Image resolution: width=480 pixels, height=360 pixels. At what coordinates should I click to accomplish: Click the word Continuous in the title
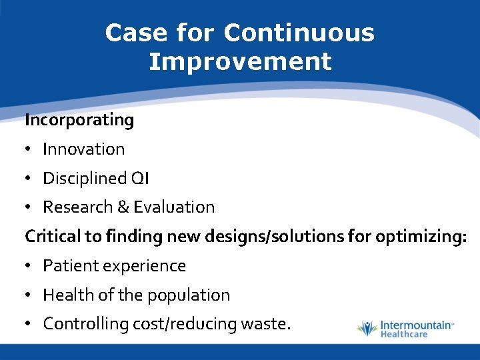[x=299, y=33]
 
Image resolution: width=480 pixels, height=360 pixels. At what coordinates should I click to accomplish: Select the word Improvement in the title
[x=240, y=61]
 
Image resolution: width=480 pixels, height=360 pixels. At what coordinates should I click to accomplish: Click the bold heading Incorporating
[x=79, y=120]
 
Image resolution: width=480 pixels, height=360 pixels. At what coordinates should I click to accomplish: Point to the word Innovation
[x=83, y=149]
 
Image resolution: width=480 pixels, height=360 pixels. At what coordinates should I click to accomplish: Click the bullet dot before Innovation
[x=29, y=149]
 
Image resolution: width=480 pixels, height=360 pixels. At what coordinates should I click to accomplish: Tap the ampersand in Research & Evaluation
[x=123, y=207]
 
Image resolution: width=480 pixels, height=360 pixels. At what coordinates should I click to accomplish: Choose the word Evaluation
[x=174, y=207]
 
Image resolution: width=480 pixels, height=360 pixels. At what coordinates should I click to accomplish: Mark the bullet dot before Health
[x=29, y=295]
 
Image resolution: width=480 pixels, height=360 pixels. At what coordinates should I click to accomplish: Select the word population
[x=193, y=295]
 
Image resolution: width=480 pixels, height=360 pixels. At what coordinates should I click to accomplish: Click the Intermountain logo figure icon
[x=367, y=329]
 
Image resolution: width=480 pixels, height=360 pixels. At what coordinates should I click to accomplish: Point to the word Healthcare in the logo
[x=404, y=334]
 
